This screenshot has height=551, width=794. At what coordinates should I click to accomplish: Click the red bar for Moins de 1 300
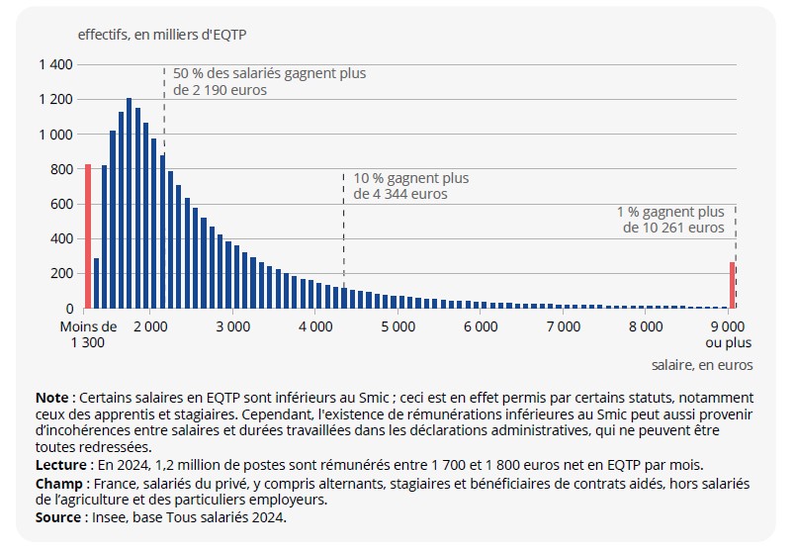(88, 236)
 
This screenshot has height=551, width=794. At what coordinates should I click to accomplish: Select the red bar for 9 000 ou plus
(732, 285)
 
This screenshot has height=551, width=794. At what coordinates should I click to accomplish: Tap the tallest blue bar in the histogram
(130, 203)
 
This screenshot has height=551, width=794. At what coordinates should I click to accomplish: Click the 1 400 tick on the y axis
(56, 64)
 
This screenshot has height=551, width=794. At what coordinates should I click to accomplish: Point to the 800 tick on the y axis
(62, 169)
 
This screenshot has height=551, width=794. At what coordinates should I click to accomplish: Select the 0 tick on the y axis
(69, 309)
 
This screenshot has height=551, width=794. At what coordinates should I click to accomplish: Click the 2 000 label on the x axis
(149, 325)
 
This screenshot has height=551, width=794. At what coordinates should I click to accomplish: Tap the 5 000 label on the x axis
(397, 325)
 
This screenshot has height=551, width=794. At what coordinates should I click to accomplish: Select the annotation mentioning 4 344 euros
(410, 186)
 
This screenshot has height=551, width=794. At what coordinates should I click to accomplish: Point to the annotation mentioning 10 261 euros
(672, 220)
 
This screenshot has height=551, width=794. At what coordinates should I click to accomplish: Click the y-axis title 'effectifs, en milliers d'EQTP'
(162, 33)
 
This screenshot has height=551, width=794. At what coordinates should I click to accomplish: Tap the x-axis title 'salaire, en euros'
(701, 365)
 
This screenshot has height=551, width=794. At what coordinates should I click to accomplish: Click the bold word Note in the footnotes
(51, 397)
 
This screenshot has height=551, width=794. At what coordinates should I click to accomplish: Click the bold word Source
(57, 516)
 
